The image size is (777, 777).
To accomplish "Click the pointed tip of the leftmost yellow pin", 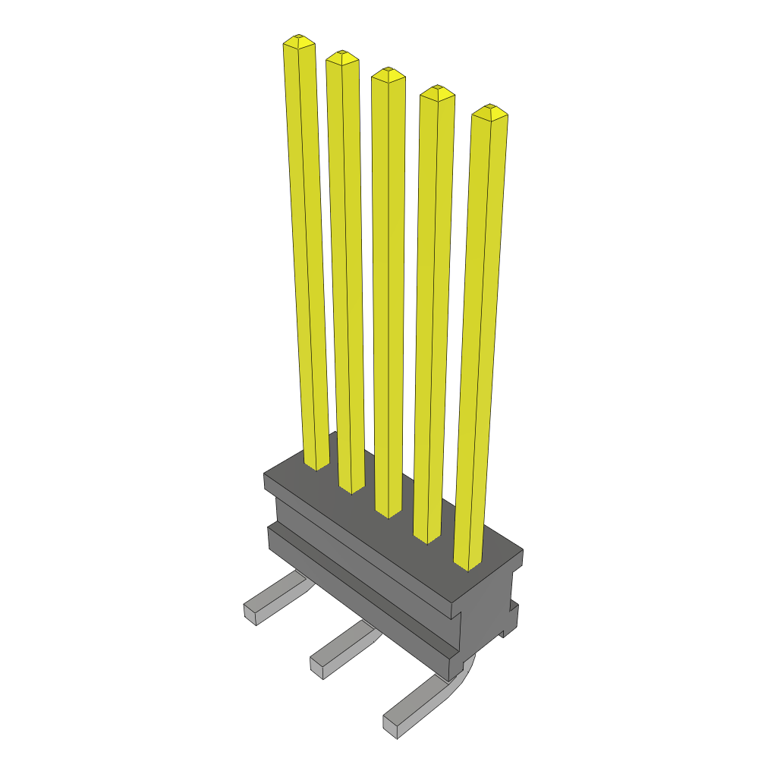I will point(299,38).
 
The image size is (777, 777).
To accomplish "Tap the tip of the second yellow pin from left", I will point(342,54).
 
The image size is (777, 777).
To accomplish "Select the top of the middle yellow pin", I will point(388,71).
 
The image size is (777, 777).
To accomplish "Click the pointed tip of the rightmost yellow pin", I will point(489,109).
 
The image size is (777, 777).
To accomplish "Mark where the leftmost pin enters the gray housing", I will point(316,464).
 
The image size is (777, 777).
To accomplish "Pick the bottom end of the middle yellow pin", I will point(388,512).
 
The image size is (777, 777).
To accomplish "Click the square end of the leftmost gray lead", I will point(250,615).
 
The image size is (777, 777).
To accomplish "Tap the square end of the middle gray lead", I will point(317,668).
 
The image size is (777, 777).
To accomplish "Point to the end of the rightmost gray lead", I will point(390,727).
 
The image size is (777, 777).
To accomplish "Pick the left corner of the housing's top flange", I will point(266,477).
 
